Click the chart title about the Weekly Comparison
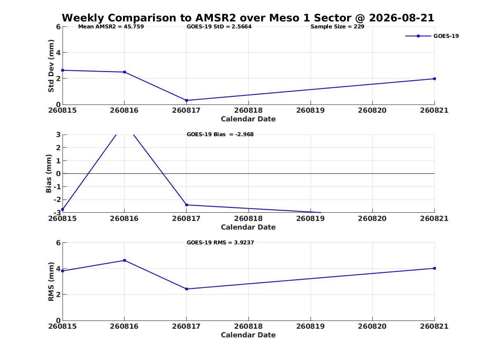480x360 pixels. [x=248, y=18]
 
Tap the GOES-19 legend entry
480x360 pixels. [x=432, y=36]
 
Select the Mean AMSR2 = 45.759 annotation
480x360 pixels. [x=111, y=27]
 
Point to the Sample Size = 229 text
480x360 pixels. [x=337, y=27]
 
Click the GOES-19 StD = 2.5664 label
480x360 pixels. [x=219, y=27]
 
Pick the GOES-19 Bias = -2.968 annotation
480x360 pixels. [x=220, y=135]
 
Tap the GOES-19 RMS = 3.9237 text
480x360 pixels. [x=220, y=242]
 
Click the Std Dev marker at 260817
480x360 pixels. [x=186, y=100]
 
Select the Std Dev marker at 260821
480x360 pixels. [x=434, y=79]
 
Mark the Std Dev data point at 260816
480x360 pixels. [x=125, y=72]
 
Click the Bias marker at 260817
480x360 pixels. [x=186, y=205]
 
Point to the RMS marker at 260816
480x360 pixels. [x=125, y=260]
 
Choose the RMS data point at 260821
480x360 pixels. [x=434, y=269]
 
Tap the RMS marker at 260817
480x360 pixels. [x=186, y=289]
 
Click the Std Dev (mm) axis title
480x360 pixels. [x=51, y=66]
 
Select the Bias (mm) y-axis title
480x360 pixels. [x=49, y=174]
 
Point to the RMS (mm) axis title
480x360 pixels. [x=51, y=282]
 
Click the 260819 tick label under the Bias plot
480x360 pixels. [x=311, y=218]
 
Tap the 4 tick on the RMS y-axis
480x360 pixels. [x=58, y=269]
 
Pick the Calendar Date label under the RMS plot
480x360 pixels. [x=248, y=335]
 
